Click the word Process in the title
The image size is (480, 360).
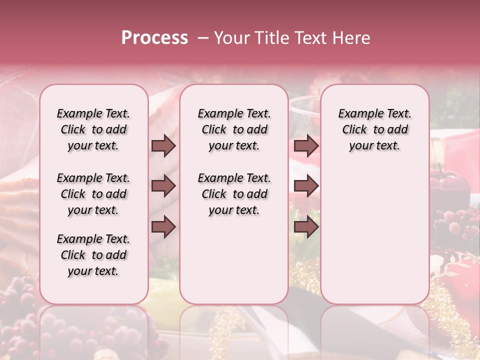(x=154, y=38)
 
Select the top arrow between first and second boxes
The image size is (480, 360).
(x=163, y=146)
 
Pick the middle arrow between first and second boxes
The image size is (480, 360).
(x=163, y=186)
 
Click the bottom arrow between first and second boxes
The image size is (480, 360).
(x=163, y=226)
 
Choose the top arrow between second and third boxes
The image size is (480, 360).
(x=306, y=146)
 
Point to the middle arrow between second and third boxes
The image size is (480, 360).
(x=306, y=186)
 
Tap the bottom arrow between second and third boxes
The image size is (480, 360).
(x=306, y=226)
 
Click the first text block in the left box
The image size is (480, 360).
(x=93, y=130)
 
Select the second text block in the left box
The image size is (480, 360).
(x=93, y=194)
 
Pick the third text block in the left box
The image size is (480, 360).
(x=93, y=255)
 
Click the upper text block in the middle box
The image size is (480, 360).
(x=234, y=130)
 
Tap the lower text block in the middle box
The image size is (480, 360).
(x=234, y=194)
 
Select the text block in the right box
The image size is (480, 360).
(x=374, y=130)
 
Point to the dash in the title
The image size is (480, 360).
(x=203, y=38)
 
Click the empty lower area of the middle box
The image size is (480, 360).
(x=234, y=260)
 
